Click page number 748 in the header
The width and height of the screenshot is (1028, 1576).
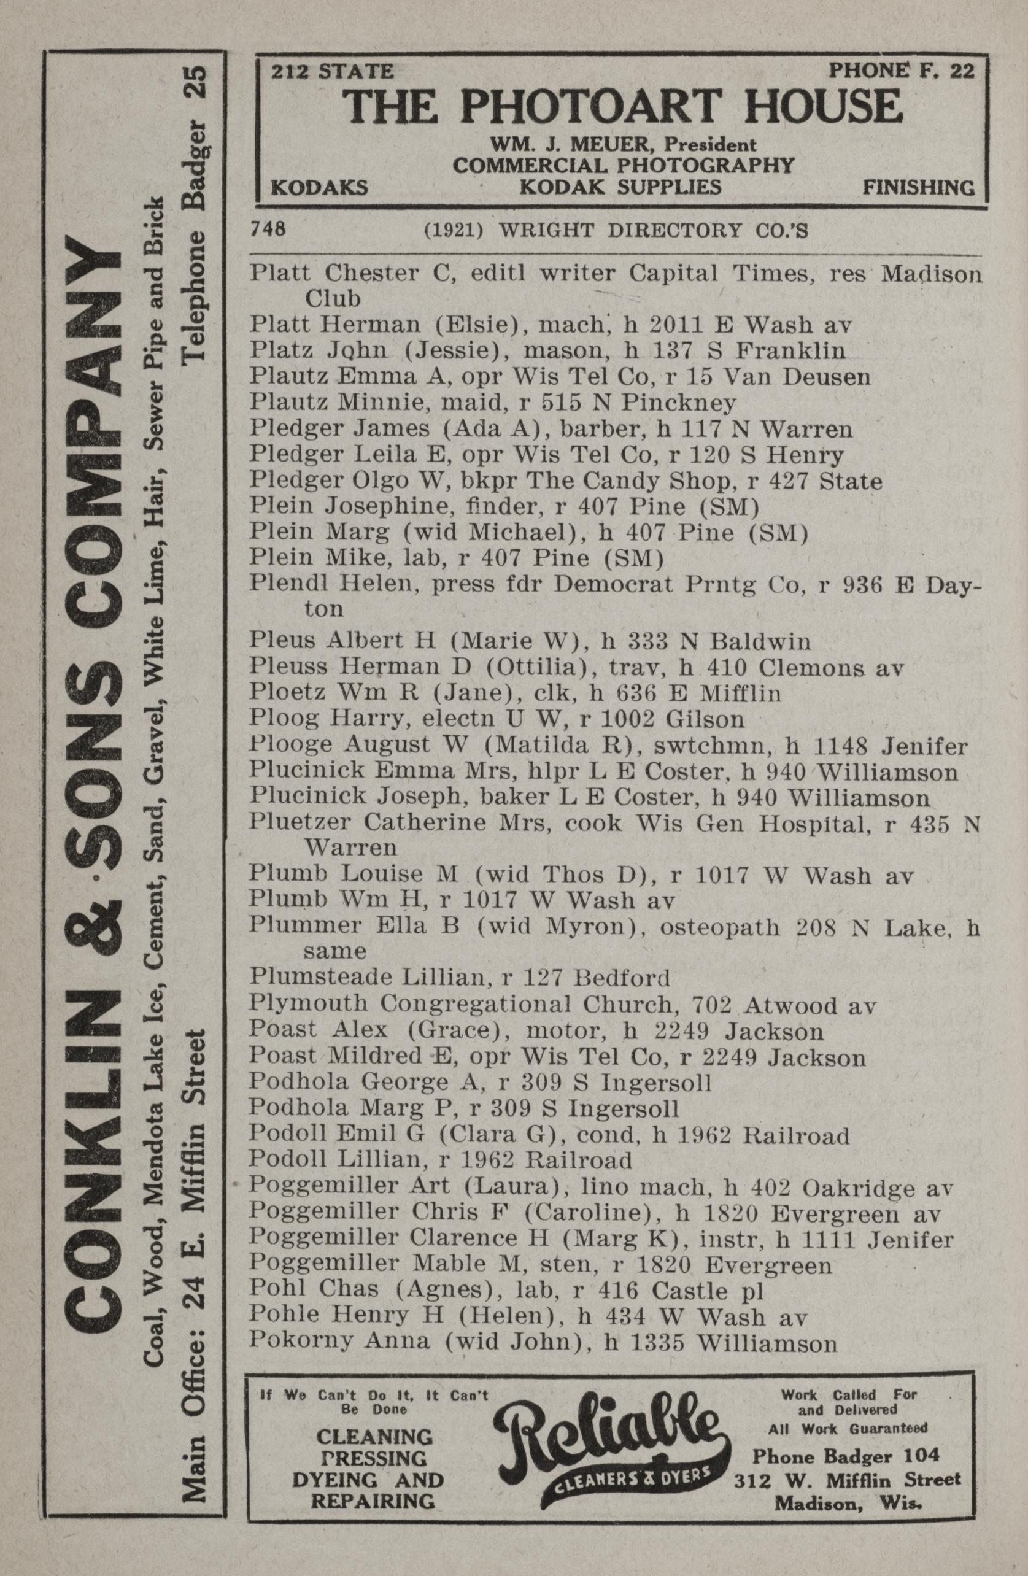(268, 230)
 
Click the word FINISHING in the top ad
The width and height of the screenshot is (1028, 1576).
(918, 188)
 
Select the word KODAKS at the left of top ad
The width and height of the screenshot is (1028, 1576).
(319, 188)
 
